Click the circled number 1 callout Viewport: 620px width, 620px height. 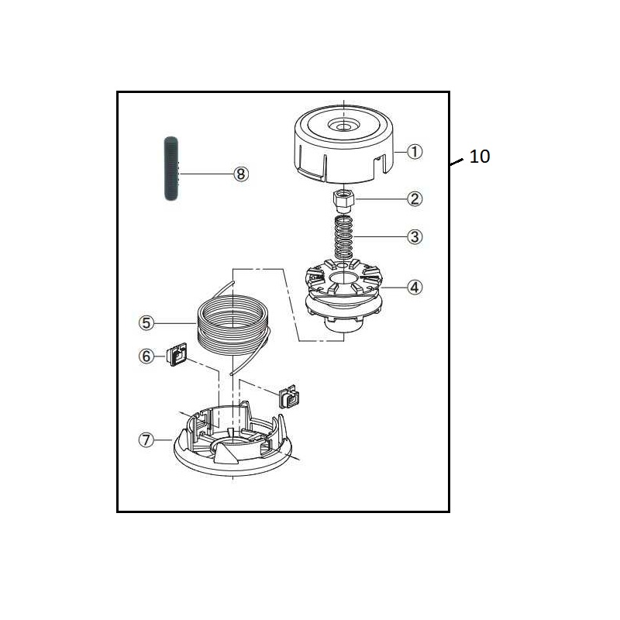415,152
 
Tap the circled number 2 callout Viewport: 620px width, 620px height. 415,199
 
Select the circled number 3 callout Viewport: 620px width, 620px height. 415,236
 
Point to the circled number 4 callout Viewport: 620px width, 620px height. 415,287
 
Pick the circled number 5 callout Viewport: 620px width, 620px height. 146,322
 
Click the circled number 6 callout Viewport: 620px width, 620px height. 146,356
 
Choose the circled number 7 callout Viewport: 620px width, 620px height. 146,439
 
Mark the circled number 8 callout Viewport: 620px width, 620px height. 241,174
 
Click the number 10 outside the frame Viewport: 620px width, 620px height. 480,157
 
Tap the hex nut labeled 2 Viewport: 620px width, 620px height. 343,199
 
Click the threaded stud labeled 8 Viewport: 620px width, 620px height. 170,169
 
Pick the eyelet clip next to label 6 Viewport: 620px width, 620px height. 177,356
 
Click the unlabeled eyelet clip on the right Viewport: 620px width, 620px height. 289,398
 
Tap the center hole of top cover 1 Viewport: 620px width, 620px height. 342,125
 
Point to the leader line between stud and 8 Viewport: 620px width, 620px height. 205,174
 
